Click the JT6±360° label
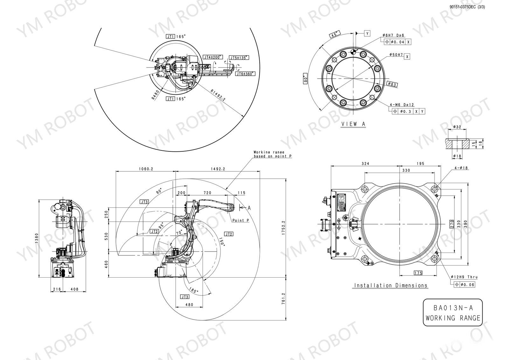coord(245,74)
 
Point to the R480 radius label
coord(156,95)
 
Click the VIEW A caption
coord(353,124)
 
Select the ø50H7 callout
coord(396,55)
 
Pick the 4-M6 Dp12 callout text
coord(402,105)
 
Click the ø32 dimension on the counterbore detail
coord(457,127)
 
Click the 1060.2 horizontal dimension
coord(146,169)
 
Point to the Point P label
coord(241,220)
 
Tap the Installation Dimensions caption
coord(391,286)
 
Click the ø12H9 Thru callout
coord(464,277)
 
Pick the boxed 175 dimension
coord(418,273)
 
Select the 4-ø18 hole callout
coord(461,168)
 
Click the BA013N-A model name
coord(453,308)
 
